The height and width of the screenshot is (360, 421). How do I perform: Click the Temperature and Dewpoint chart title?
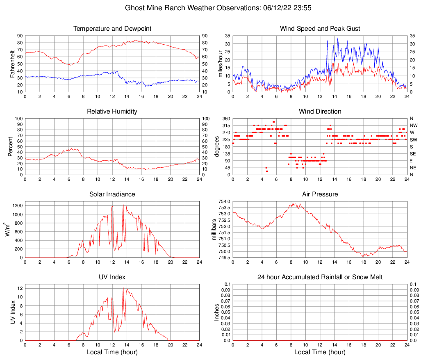point(112,29)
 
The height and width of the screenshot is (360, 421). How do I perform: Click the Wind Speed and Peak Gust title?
point(320,29)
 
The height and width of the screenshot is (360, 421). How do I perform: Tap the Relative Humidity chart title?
point(112,112)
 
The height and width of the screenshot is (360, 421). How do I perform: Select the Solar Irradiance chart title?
point(112,194)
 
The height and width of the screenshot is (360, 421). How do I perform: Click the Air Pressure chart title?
point(320,194)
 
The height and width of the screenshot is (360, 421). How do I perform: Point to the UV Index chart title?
point(112,277)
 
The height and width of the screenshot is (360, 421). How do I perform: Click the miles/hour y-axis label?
point(220,64)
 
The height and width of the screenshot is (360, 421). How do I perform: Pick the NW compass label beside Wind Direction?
point(414,125)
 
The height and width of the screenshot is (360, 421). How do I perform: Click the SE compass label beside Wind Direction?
point(413,154)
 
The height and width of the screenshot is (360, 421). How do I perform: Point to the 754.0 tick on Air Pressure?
point(224,201)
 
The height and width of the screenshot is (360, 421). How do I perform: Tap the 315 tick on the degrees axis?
point(225,125)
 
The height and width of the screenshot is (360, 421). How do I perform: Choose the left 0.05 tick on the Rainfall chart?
point(225,312)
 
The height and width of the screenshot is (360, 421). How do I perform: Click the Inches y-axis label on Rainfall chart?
point(217,312)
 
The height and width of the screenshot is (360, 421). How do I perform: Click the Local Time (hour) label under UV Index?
point(112,352)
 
